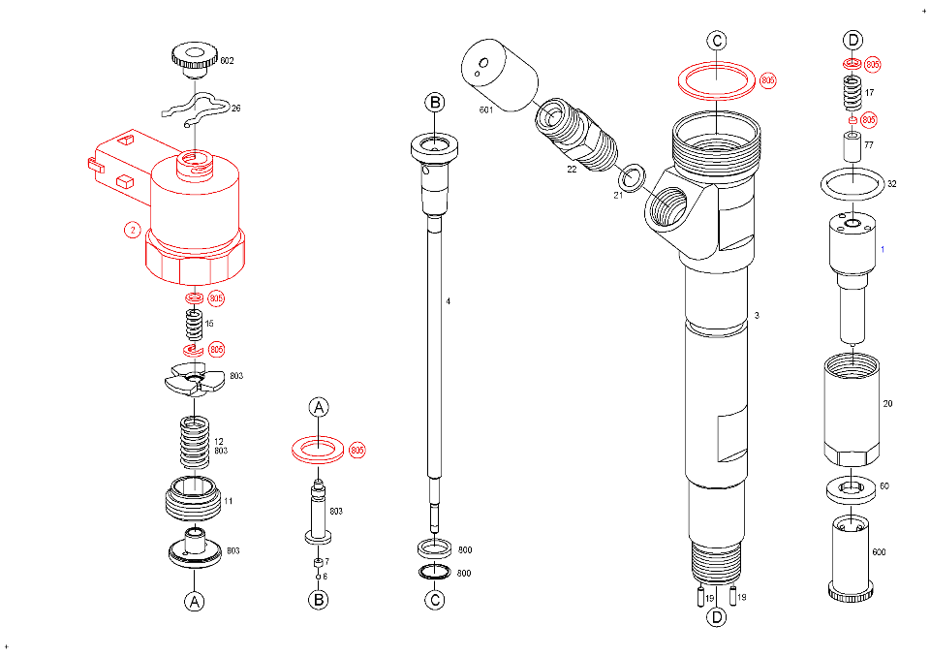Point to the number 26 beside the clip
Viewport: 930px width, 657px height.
point(235,109)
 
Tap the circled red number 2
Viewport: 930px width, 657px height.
point(133,230)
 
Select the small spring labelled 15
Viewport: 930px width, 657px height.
point(193,322)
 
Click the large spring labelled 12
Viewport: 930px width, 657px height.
point(195,442)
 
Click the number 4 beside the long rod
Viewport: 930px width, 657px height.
point(448,301)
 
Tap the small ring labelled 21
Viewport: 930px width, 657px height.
point(633,175)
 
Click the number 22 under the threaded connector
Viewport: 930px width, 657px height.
point(572,170)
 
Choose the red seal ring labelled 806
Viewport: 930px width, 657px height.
point(716,80)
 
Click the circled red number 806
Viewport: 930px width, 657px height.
point(768,79)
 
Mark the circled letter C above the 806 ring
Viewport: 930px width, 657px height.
point(716,41)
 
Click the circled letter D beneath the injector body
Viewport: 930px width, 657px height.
point(715,616)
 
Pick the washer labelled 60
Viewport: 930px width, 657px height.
point(852,489)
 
